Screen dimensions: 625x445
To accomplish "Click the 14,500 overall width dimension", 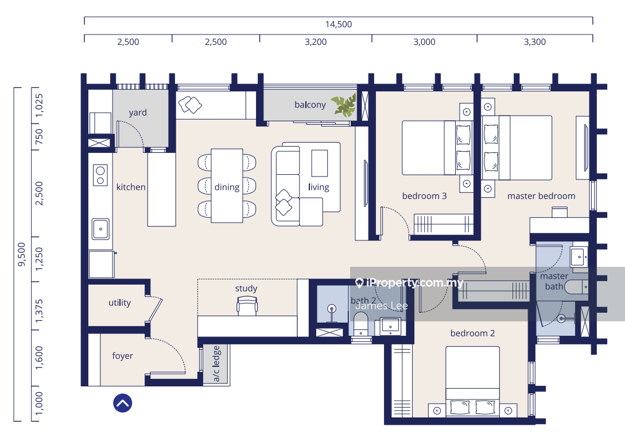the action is pyautogui.click(x=339, y=24).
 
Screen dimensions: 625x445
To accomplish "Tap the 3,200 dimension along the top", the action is pyautogui.click(x=316, y=42).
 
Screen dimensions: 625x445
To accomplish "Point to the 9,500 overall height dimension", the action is pyautogui.click(x=22, y=254).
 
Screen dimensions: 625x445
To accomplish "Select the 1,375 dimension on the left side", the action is pyautogui.click(x=39, y=311).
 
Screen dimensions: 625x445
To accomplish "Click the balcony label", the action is pyautogui.click(x=310, y=105).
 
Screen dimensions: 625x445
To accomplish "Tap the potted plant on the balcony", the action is pyautogui.click(x=344, y=105).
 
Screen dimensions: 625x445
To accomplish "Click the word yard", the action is pyautogui.click(x=138, y=113).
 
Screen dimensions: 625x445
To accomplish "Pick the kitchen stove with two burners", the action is pyautogui.click(x=100, y=175).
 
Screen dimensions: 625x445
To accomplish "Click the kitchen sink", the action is pyautogui.click(x=100, y=229).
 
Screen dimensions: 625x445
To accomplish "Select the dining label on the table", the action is pyautogui.click(x=227, y=187).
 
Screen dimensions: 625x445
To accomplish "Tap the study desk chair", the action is pyautogui.click(x=247, y=306).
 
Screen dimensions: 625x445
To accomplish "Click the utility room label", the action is pyautogui.click(x=119, y=303).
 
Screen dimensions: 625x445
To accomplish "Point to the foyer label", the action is pyautogui.click(x=122, y=356).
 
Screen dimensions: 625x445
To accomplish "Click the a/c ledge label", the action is pyautogui.click(x=216, y=363).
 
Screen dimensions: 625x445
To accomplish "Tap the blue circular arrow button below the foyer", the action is pyautogui.click(x=123, y=403).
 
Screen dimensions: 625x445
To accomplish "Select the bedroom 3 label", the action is pyautogui.click(x=425, y=196).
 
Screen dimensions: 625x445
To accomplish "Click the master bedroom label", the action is pyautogui.click(x=541, y=196).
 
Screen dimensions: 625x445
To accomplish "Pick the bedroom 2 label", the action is pyautogui.click(x=473, y=333).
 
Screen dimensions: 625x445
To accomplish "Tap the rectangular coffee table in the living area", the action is pyautogui.click(x=320, y=163).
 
